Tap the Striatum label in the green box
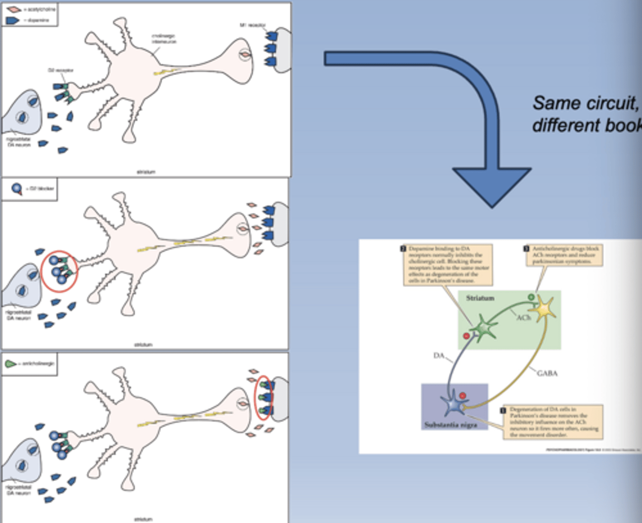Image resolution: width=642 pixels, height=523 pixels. (480, 298)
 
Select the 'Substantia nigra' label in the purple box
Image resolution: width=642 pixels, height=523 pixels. (450, 424)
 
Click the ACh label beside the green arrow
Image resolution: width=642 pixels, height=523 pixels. (523, 318)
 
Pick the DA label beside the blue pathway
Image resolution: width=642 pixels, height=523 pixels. (439, 355)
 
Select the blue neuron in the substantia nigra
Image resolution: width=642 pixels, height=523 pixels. (453, 404)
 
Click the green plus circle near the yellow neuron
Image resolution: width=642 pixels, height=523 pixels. (531, 297)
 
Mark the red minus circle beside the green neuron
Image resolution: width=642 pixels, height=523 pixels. (466, 336)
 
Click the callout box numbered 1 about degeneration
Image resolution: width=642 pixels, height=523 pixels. (553, 422)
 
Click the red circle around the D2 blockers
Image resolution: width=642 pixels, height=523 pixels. (59, 271)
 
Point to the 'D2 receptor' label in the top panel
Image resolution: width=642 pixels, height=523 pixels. (61, 70)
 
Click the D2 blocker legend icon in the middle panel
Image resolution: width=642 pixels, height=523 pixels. (16, 189)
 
